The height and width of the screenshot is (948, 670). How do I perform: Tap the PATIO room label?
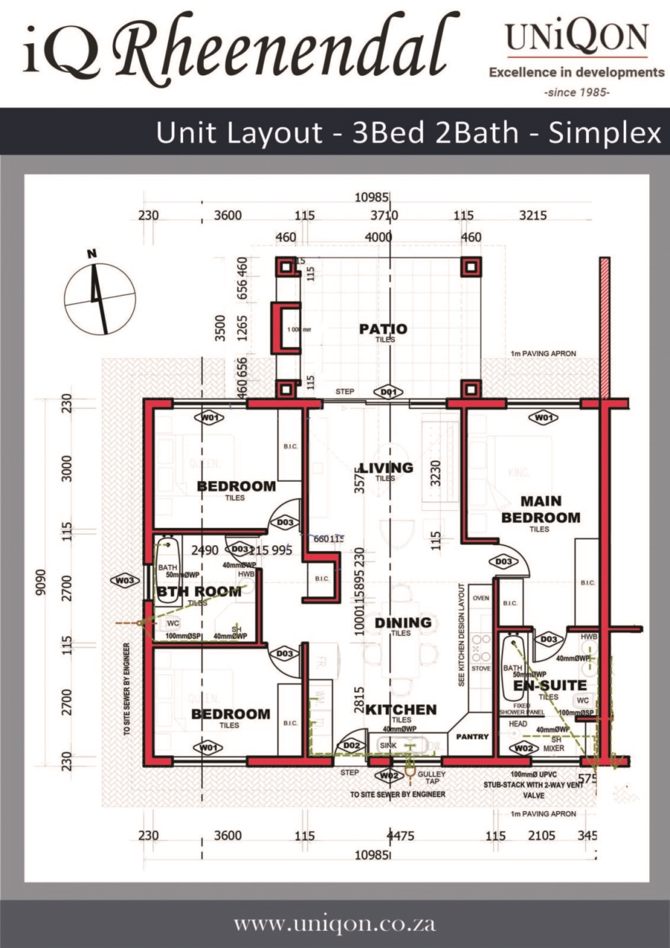point(384,329)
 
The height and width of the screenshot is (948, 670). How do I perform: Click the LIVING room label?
point(385,468)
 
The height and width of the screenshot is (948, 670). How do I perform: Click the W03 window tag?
point(124,579)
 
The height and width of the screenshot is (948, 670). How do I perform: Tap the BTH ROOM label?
point(199,591)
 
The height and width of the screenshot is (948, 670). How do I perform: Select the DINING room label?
point(403,623)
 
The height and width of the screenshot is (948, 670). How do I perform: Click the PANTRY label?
point(472,737)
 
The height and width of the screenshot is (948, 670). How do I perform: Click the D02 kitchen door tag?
point(350,745)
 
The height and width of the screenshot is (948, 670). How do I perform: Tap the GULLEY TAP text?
point(432,778)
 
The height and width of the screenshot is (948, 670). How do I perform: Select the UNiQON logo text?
point(576,37)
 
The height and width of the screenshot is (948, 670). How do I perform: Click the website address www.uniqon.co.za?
point(335,924)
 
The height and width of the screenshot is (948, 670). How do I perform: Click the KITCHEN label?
point(401,710)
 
